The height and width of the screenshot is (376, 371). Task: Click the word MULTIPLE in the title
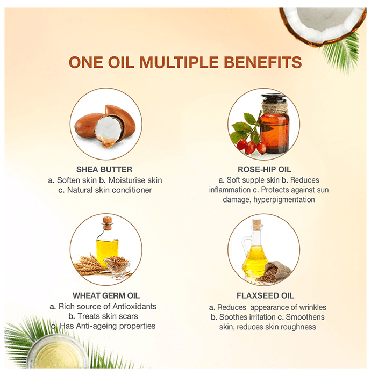coord(179,62)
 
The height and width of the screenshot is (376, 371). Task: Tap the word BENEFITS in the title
coord(262,62)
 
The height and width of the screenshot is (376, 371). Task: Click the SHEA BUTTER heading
coord(104,170)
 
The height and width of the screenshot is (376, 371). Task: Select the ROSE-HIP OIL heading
coord(264,170)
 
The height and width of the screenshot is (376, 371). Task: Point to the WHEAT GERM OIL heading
coord(106,295)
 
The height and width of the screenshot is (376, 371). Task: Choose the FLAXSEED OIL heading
coord(265,295)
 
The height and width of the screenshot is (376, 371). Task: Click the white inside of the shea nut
coord(108,129)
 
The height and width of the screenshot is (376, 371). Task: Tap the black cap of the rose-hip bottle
coord(274,98)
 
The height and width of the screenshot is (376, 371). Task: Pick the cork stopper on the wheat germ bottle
coord(108,222)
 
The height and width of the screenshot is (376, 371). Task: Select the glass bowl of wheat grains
coord(117,267)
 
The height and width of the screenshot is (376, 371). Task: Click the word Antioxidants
coord(134,307)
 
